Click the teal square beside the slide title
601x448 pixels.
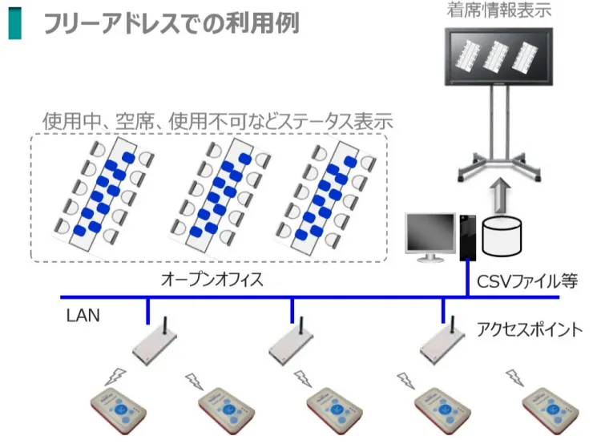[x=14, y=23]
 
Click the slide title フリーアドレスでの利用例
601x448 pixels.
[x=171, y=23]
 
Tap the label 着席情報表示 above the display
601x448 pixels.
[x=498, y=10]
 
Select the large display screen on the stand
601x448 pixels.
[x=498, y=57]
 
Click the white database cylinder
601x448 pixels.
[x=502, y=236]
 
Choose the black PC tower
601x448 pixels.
[x=468, y=237]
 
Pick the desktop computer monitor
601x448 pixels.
[x=430, y=237]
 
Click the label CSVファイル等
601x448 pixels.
[x=527, y=281]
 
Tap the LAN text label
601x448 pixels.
[x=83, y=316]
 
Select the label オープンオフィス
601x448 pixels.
[x=212, y=280]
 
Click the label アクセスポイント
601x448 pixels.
[x=530, y=329]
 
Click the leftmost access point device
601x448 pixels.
[x=155, y=342]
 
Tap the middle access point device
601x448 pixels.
[x=292, y=342]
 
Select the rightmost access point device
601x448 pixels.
[x=442, y=341]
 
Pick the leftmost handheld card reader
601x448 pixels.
[x=119, y=410]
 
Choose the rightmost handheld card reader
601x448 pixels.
[x=551, y=410]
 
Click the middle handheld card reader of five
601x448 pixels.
[x=335, y=410]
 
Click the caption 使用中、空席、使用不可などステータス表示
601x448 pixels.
[x=217, y=121]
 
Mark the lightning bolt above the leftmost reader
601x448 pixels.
[x=115, y=377]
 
